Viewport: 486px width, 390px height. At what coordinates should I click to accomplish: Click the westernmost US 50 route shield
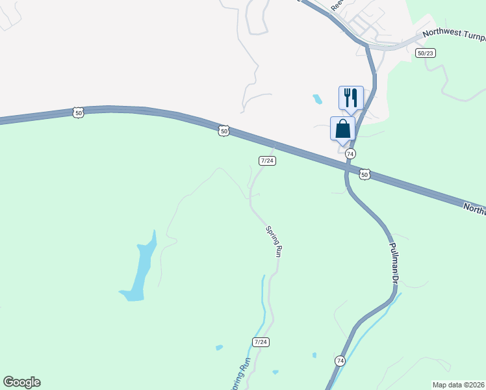79,112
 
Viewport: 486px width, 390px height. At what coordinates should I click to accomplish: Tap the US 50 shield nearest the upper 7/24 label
224,131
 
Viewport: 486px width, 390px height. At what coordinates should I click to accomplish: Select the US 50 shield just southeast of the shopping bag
364,175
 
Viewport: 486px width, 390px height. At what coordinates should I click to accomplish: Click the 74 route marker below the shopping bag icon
350,153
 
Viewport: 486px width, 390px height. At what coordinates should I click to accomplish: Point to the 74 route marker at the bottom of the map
340,360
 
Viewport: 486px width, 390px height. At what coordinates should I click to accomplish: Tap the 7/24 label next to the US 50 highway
267,161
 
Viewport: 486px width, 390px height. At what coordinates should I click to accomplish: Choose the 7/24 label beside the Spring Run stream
261,342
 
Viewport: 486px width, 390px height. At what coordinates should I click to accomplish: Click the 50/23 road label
426,53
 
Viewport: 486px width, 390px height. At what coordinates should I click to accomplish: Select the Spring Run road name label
274,241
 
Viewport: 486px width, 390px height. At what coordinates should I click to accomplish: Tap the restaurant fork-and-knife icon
351,97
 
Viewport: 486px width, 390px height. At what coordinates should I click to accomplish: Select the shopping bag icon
342,128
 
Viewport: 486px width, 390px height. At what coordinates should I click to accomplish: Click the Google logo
21,382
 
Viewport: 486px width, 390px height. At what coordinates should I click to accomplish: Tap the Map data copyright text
458,385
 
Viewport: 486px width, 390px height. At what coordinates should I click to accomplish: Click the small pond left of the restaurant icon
317,99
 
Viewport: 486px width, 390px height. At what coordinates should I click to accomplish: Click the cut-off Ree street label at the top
336,5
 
